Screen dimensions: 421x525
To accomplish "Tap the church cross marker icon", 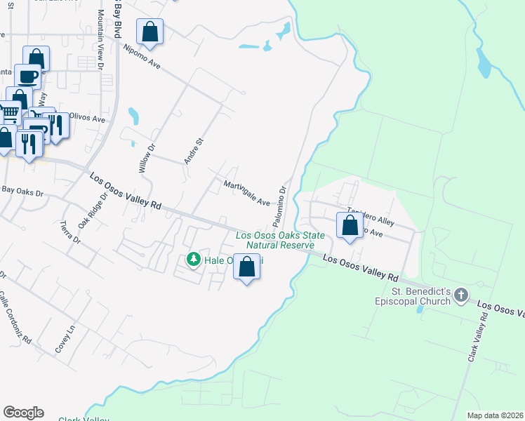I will [460, 295].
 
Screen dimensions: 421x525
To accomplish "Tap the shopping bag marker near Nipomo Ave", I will [149, 31].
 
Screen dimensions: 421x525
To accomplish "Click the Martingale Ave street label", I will [247, 193].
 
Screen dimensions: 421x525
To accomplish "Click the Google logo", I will [23, 413].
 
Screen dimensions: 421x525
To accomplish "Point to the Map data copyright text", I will [494, 415].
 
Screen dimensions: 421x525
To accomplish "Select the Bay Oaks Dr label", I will [22, 190].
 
